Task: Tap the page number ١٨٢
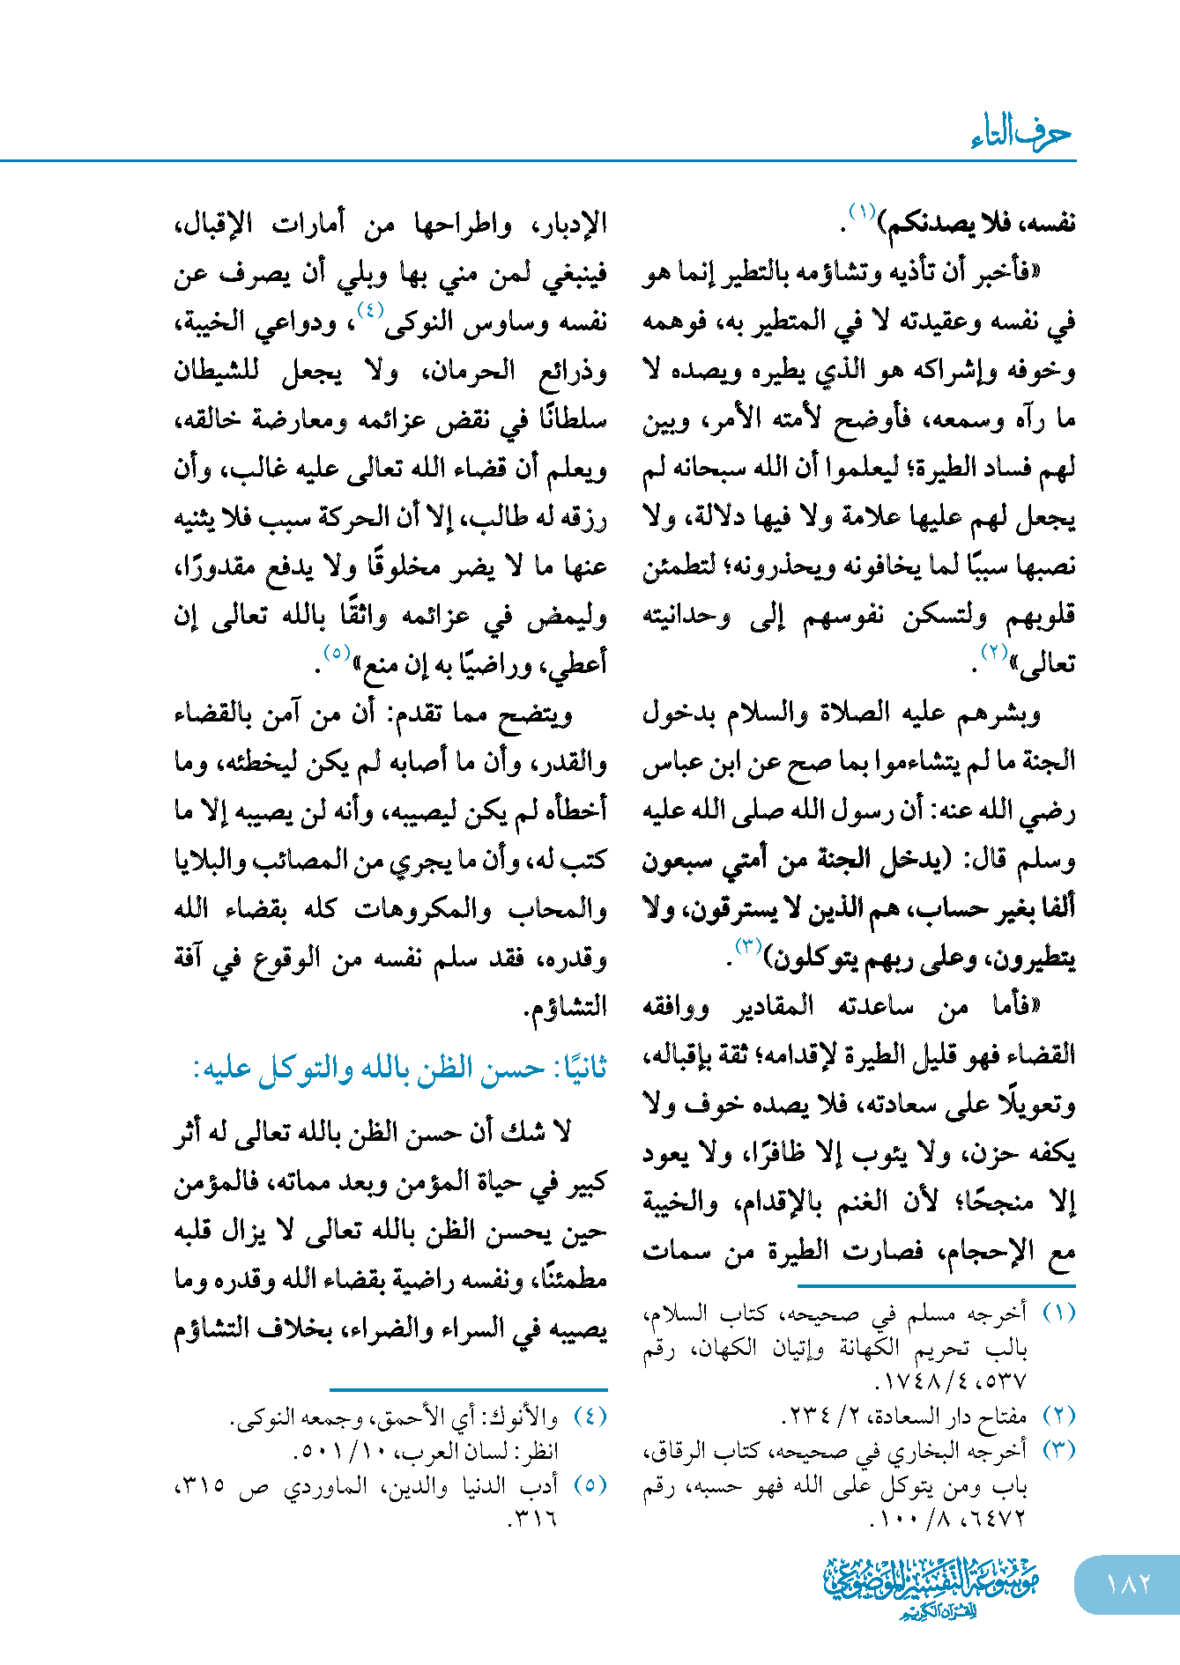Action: click(1127, 1583)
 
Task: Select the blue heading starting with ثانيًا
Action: click(400, 1069)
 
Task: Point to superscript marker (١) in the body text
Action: click(860, 211)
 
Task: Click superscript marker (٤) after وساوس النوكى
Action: click(369, 310)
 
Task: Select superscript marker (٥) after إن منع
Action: click(337, 653)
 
